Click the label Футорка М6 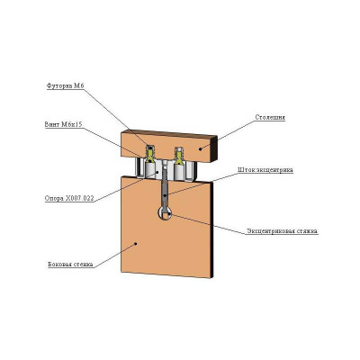pyautogui.click(x=66, y=86)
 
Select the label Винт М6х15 pyautogui.click(x=63, y=124)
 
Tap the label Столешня pyautogui.click(x=270, y=117)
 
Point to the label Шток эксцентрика pyautogui.click(x=265, y=170)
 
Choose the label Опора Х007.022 pyautogui.click(x=69, y=198)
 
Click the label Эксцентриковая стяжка pyautogui.click(x=282, y=231)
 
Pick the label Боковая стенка pyautogui.click(x=70, y=265)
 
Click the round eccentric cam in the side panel pyautogui.click(x=165, y=212)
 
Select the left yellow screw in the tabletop pyautogui.click(x=150, y=155)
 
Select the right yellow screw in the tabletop pyautogui.click(x=179, y=156)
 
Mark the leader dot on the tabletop pyautogui.click(x=200, y=148)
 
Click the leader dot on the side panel pyautogui.click(x=136, y=243)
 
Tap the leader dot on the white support pyautogui.click(x=157, y=172)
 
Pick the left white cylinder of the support pyautogui.click(x=150, y=170)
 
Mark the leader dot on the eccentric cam pyautogui.click(x=169, y=214)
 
